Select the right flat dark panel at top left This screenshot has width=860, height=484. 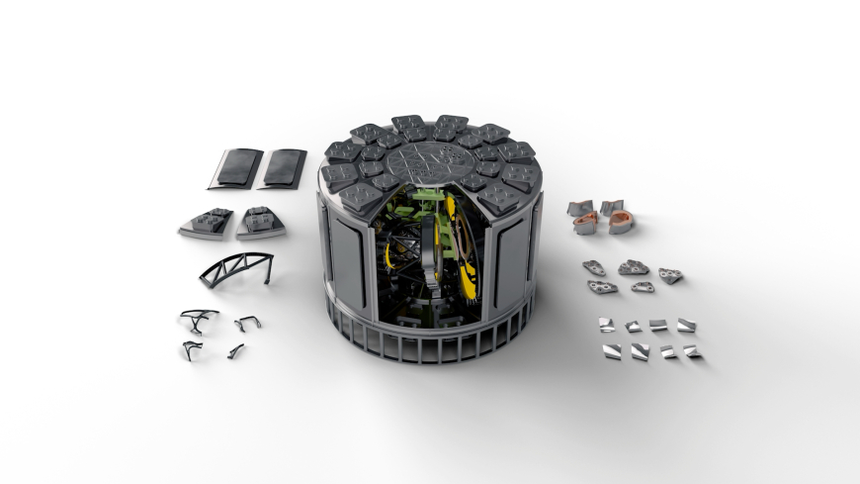283,168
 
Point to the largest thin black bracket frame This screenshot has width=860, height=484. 199,319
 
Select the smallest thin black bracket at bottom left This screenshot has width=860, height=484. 235,350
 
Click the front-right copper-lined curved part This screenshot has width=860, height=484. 621,224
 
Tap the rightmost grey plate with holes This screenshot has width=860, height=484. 671,275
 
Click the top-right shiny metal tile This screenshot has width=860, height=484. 686,325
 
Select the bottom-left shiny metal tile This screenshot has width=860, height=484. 612,351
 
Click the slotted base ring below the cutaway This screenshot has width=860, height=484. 435,342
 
